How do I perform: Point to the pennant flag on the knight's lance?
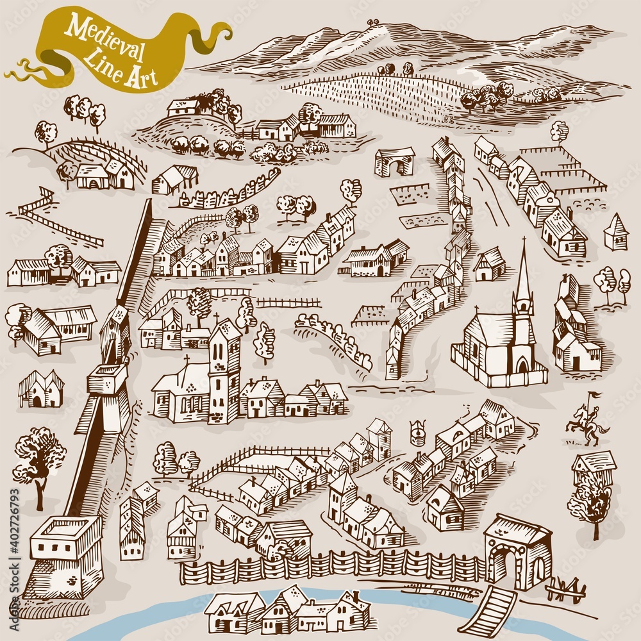click(x=593, y=395)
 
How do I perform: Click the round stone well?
click(x=418, y=431)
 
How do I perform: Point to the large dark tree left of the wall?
click(x=38, y=458)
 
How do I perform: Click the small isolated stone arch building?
click(x=394, y=162)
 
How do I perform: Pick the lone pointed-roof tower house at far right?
click(x=615, y=232)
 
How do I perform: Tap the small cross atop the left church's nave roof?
click(x=187, y=361)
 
